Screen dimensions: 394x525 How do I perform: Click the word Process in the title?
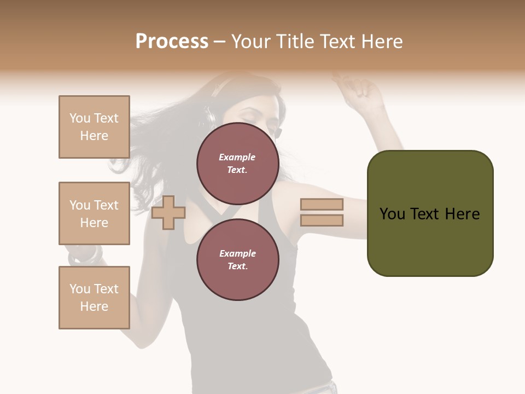point(172,42)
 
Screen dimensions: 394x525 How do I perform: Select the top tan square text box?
point(94,127)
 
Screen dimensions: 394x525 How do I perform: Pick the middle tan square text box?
point(94,213)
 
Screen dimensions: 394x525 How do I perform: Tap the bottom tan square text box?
point(94,298)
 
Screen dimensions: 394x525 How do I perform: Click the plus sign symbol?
point(168,212)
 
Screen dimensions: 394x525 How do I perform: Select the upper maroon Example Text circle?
point(237,164)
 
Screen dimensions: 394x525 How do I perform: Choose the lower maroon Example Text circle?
point(237,260)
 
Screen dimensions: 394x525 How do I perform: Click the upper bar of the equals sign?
point(322,205)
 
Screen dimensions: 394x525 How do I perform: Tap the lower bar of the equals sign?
point(322,221)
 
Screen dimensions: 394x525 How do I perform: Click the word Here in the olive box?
point(462,214)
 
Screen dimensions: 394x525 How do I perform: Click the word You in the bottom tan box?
point(80,289)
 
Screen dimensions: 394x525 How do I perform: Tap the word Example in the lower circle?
point(237,253)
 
